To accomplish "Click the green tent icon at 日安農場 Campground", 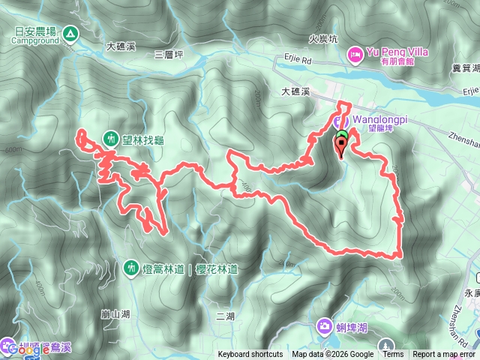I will click(70, 33).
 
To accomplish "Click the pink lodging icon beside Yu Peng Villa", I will click(355, 53).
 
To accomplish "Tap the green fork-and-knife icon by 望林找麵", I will click(111, 138).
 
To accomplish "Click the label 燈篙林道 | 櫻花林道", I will click(178, 267).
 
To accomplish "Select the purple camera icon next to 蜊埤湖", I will click(323, 325).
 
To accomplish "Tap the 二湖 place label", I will click(224, 314).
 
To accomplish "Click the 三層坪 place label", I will click(169, 54).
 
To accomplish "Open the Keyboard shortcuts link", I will click(250, 355).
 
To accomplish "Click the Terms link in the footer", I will click(393, 355).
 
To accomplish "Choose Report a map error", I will click(444, 355).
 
